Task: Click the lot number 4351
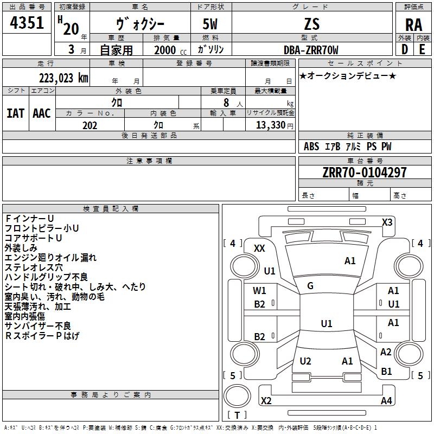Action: [27, 23]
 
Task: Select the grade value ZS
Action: [312, 24]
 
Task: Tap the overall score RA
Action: [414, 25]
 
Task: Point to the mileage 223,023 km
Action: [63, 78]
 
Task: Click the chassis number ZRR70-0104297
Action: [365, 173]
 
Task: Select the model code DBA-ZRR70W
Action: [311, 50]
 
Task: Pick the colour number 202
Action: [90, 125]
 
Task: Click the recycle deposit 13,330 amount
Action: [271, 125]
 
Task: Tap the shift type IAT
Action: [16, 113]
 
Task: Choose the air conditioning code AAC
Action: [42, 113]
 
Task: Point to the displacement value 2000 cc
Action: [170, 50]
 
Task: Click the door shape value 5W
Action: [210, 24]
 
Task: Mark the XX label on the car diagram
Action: [259, 248]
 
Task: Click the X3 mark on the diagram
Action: [387, 222]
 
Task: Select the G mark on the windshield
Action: [310, 286]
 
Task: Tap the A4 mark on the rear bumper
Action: [386, 400]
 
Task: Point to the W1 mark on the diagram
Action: [259, 291]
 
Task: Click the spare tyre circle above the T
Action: [237, 396]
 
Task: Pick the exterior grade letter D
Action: [405, 49]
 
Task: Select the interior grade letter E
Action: [422, 49]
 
